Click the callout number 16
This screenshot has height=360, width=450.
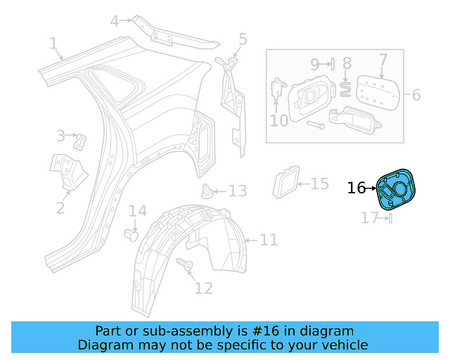pyautogui.click(x=356, y=188)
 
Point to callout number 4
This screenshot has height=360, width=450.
pyautogui.click(x=114, y=21)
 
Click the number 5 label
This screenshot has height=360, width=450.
pyautogui.click(x=243, y=39)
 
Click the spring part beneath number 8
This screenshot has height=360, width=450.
pyautogui.click(x=346, y=87)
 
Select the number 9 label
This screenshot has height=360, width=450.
pyautogui.click(x=315, y=63)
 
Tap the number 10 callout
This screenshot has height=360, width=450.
pyautogui.click(x=279, y=120)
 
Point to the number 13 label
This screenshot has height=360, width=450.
pyautogui.click(x=237, y=191)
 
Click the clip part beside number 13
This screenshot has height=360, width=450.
pyautogui.click(x=207, y=190)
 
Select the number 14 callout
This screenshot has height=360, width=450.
pyautogui.click(x=137, y=211)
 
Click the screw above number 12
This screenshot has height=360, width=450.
pyautogui.click(x=188, y=265)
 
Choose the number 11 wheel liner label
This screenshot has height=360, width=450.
pyautogui.click(x=269, y=240)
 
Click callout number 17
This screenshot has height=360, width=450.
pyautogui.click(x=370, y=218)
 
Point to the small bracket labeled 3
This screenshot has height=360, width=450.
pyautogui.click(x=82, y=141)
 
